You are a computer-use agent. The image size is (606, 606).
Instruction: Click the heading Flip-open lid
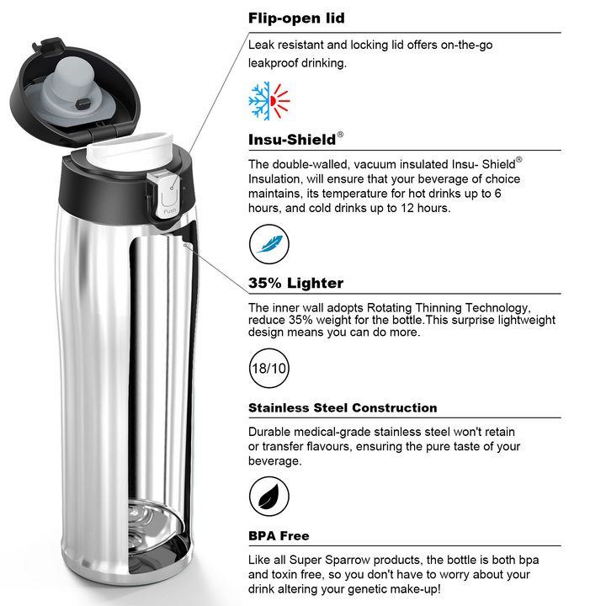pos(296,19)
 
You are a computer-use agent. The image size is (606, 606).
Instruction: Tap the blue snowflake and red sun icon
pos(269,100)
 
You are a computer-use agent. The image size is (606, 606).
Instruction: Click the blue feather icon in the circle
pos(269,244)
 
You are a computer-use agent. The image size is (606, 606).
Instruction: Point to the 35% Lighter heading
pos(295,283)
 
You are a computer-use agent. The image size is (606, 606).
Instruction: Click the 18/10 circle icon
pos(269,368)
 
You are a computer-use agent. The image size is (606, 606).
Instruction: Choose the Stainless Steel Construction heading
pos(343,407)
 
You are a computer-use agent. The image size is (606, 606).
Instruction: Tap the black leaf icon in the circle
pos(269,497)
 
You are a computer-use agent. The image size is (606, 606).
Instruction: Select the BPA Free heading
pos(279,536)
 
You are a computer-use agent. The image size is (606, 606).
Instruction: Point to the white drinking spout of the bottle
pos(130,149)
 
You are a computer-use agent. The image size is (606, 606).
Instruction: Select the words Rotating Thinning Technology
pos(447,308)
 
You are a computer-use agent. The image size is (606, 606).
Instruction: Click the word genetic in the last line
pos(367,589)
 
